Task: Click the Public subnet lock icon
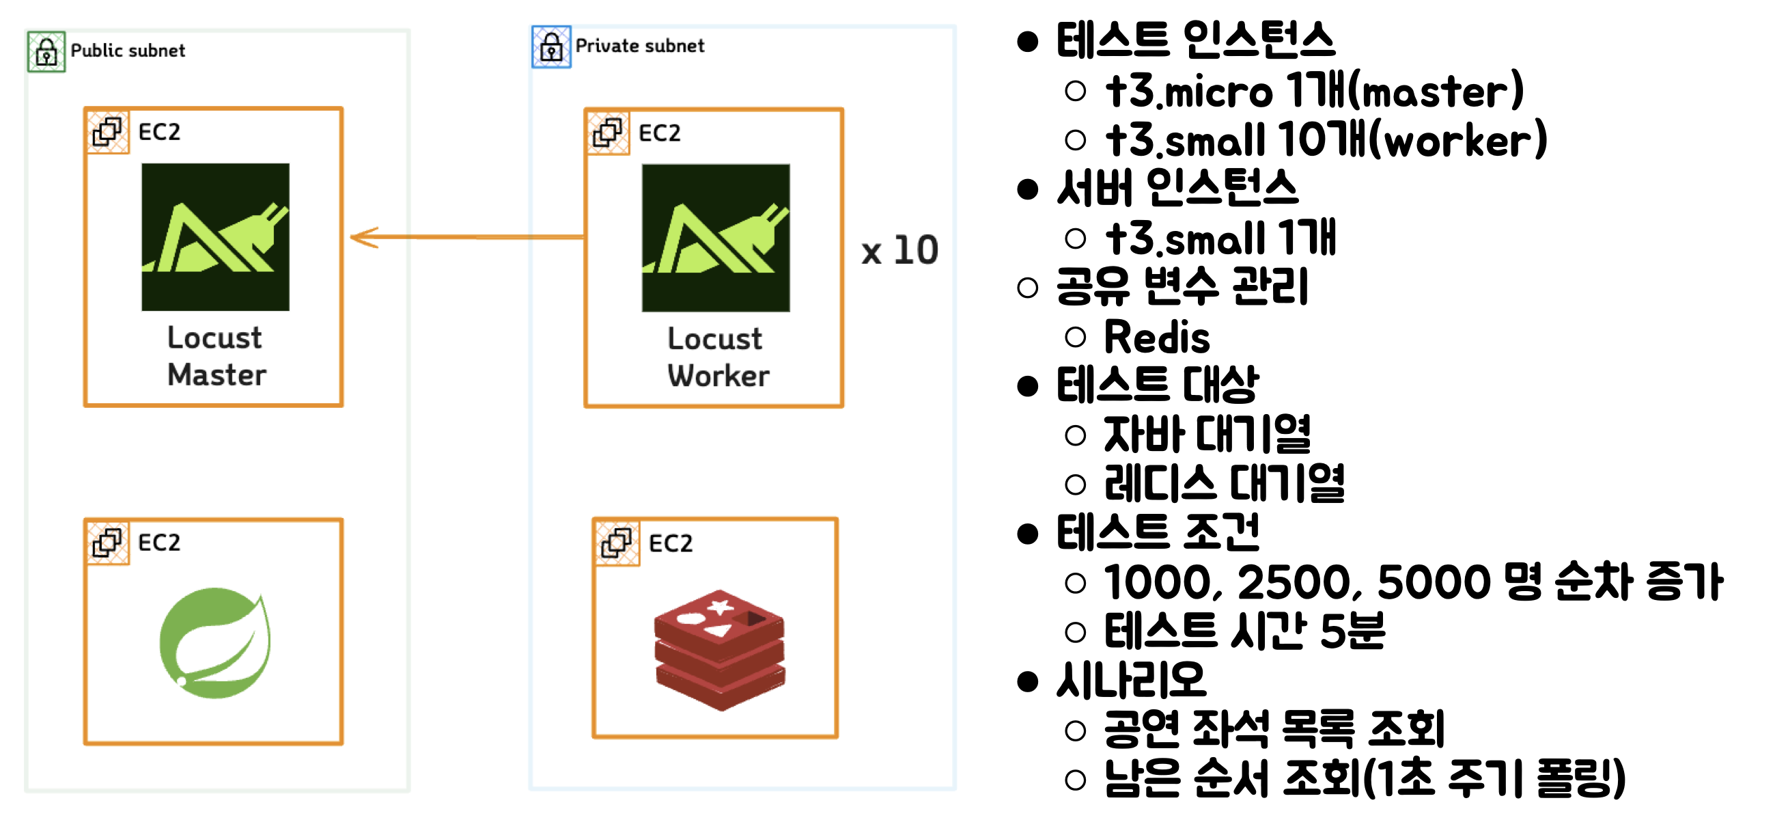46,51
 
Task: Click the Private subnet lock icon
551,47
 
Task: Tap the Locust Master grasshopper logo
215,236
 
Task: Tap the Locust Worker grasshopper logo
716,238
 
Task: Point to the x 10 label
899,250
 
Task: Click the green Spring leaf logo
215,642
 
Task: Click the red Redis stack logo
719,649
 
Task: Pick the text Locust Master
216,356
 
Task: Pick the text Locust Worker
718,357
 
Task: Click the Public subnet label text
128,51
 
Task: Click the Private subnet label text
639,46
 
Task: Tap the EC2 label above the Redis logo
671,543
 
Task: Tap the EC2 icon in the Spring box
108,543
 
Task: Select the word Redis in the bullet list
1157,338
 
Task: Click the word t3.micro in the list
1190,92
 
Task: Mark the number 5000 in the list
1434,582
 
